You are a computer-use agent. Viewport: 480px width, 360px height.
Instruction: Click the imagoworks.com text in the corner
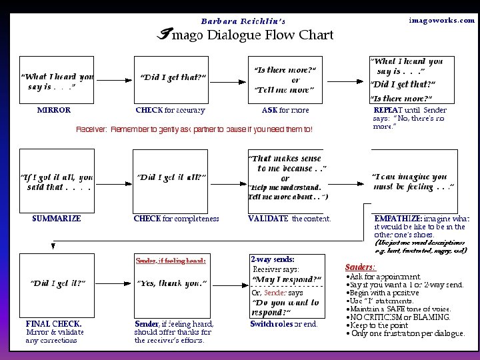[442, 21]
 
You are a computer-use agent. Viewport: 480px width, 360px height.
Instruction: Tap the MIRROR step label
[54, 110]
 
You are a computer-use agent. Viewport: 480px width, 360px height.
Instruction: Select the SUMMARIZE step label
[57, 218]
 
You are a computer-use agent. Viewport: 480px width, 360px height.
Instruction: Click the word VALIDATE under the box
[268, 218]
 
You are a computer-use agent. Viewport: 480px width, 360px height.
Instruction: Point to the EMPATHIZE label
[398, 218]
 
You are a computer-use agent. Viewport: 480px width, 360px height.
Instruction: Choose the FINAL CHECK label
[54, 324]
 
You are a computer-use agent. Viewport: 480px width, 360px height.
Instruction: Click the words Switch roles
[271, 324]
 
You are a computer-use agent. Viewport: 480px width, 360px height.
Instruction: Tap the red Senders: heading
[360, 267]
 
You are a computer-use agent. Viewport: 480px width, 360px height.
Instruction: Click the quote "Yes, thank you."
[172, 283]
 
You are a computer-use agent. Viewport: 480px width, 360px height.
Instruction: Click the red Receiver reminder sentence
[193, 129]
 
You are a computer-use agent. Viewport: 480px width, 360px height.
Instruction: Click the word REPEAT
[387, 110]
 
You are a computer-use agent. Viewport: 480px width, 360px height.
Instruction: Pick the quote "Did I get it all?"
[172, 177]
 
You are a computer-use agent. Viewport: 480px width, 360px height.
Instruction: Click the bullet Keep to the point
[381, 325]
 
